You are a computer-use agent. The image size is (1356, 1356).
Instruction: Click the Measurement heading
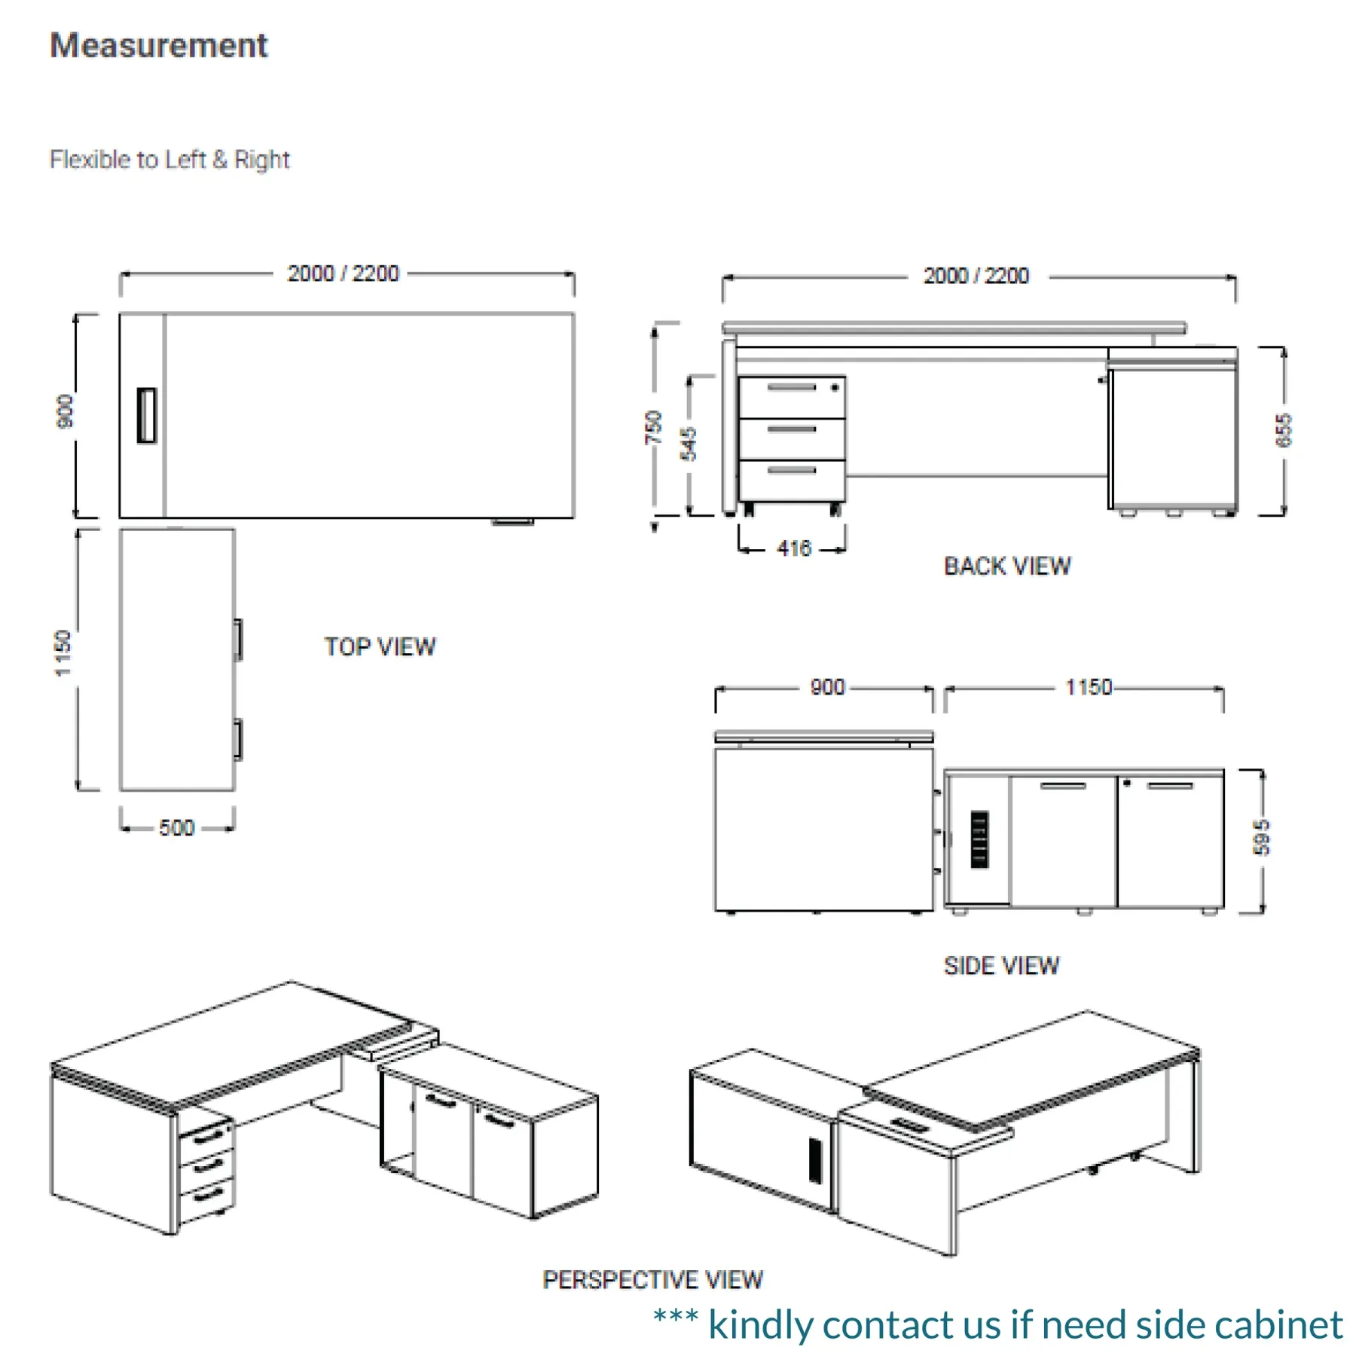point(158,46)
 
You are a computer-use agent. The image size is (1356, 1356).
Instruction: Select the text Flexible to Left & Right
point(169,160)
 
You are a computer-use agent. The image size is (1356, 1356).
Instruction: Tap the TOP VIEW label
point(380,647)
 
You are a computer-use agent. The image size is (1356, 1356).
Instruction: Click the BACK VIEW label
point(1007,567)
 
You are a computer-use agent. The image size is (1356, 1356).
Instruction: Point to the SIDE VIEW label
point(1001,966)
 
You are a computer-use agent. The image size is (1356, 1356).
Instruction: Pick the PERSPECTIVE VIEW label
point(652,1280)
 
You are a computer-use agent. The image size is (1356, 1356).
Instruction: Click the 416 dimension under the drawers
point(794,548)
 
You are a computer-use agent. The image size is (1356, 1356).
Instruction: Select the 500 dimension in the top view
point(176,828)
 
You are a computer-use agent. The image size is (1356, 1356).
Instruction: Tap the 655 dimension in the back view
point(1284,430)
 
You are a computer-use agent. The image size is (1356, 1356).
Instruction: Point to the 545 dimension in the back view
point(689,444)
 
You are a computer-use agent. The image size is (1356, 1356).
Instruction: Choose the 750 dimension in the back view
point(653,428)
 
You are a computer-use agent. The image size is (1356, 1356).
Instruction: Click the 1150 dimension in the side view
point(1089,687)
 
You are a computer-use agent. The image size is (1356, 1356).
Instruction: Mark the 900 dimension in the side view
point(827,687)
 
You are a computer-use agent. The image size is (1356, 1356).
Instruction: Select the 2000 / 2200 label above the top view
point(343,273)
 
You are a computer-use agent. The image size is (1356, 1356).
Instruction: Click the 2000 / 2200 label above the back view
point(976,276)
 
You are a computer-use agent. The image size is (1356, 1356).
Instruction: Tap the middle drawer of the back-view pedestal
point(792,438)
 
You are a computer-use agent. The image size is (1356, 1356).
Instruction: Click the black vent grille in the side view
point(979,839)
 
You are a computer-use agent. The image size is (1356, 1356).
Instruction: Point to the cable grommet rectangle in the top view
point(147,415)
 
